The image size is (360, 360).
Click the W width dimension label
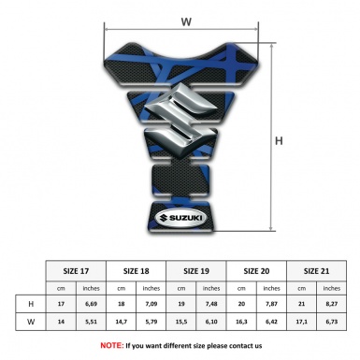186,21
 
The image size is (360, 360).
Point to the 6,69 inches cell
92,305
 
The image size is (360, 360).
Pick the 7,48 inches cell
212,305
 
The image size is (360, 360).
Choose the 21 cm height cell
301,305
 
